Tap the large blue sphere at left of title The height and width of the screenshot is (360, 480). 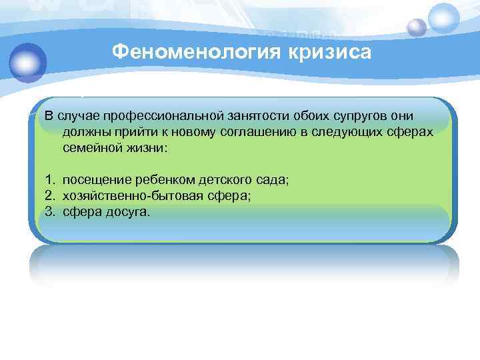(26, 61)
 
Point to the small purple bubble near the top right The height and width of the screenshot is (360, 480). (417, 27)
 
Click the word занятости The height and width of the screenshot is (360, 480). (253, 116)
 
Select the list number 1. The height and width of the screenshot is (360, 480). (49, 180)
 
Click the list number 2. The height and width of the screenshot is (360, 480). (49, 196)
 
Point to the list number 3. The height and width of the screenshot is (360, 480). (49, 212)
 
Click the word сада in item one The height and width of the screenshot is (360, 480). (273, 180)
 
